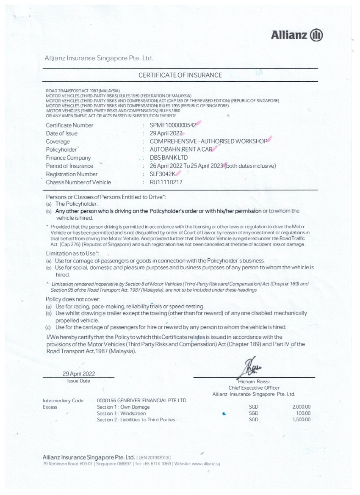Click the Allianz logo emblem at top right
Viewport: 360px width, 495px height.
[x=316, y=35]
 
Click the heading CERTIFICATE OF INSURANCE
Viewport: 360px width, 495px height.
[x=180, y=75]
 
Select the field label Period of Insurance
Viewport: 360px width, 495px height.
[x=69, y=166]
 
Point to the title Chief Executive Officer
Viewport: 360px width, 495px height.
[x=254, y=387]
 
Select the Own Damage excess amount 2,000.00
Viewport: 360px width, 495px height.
[x=301, y=407]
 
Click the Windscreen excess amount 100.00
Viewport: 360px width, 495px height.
[x=303, y=413]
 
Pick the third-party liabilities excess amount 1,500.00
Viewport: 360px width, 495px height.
[x=301, y=420]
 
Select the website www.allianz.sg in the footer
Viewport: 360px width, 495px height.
[x=206, y=464]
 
